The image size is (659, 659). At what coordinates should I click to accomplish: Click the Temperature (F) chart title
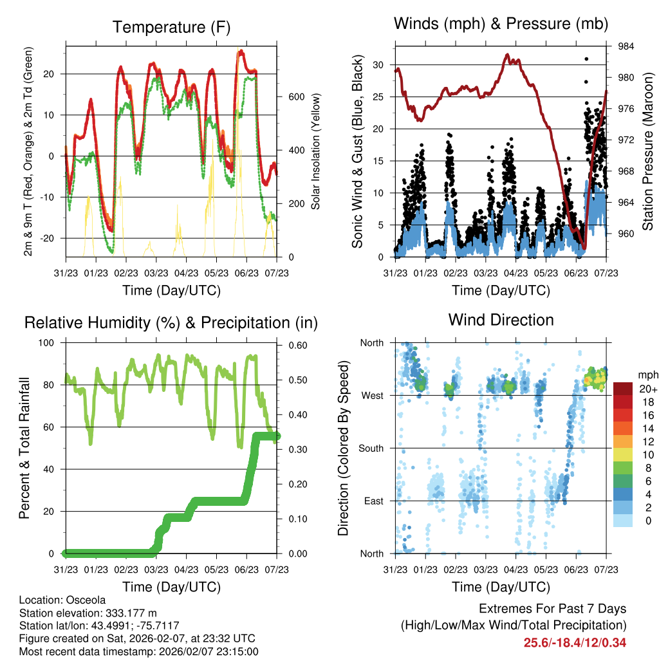point(171,27)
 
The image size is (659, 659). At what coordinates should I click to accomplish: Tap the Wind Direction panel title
point(501,320)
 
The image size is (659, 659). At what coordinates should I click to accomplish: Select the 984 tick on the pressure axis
point(626,46)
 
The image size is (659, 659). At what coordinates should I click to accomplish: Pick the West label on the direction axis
point(371,395)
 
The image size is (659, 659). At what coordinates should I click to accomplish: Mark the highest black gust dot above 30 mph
point(586,59)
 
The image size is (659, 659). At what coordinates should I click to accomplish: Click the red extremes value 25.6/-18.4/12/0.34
point(575,642)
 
